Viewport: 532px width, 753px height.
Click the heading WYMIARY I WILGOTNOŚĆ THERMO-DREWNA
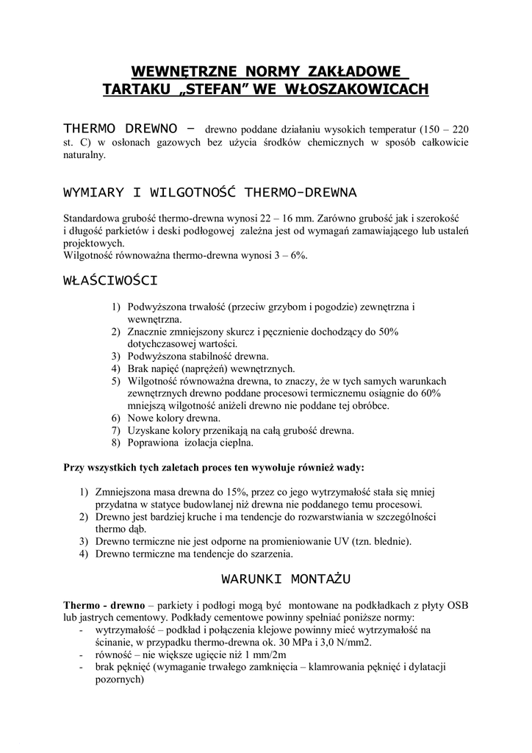point(210,193)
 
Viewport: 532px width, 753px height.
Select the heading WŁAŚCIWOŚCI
point(111,280)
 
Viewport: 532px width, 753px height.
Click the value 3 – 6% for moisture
point(290,256)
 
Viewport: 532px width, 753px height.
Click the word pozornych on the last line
point(118,679)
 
